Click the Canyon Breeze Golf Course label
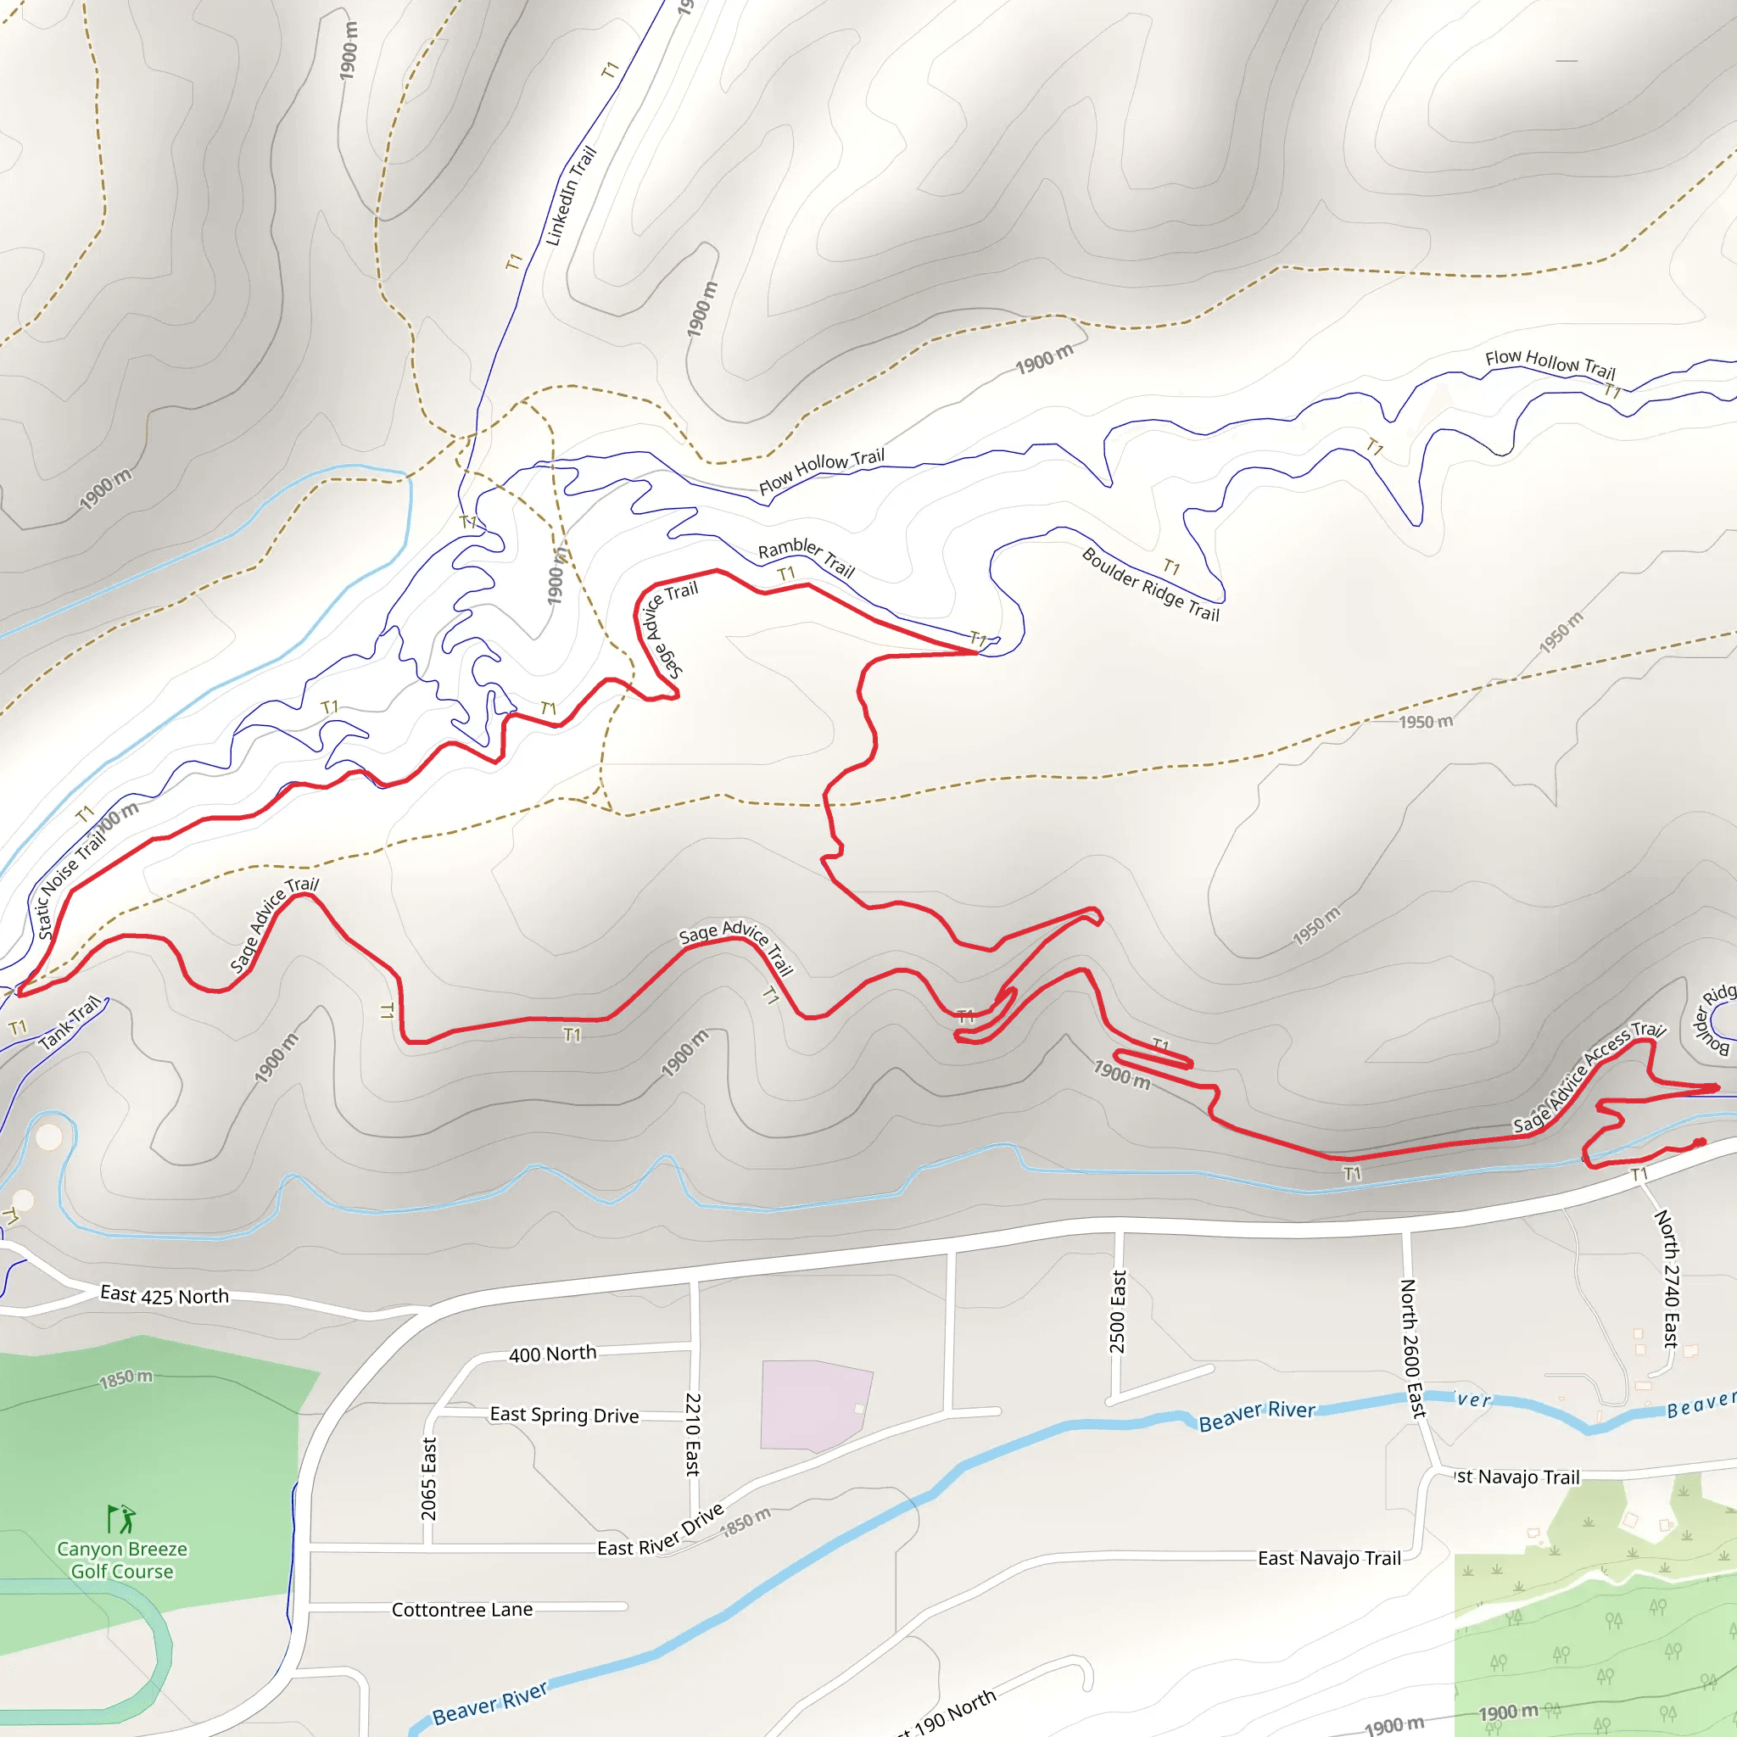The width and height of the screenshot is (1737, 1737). [x=122, y=1560]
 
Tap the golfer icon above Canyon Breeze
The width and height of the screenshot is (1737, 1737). [x=121, y=1519]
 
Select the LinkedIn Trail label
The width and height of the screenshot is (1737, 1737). [x=571, y=196]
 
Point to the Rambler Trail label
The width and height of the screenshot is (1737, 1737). [x=806, y=557]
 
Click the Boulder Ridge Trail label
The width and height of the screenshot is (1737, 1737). [x=1150, y=584]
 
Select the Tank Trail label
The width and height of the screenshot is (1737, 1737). [x=70, y=1023]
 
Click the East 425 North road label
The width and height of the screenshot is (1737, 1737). [x=165, y=1296]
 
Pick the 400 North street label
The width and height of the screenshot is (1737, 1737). [x=552, y=1353]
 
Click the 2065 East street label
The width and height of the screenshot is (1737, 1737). [x=429, y=1479]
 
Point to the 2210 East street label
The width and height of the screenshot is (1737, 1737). [x=692, y=1434]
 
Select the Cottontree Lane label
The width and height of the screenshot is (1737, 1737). [x=462, y=1609]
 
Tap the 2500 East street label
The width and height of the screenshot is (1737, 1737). [x=1118, y=1312]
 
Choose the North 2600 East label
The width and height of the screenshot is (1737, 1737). [x=1412, y=1349]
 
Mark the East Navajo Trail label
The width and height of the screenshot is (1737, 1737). [x=1329, y=1558]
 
